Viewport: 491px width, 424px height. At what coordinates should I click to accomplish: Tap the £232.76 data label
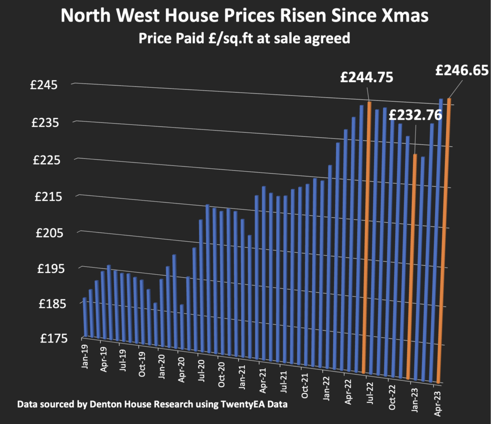pyautogui.click(x=415, y=116)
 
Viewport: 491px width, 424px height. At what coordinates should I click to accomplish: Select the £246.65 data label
pyautogui.click(x=462, y=71)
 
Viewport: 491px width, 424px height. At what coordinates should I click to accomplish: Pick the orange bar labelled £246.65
pyautogui.click(x=444, y=240)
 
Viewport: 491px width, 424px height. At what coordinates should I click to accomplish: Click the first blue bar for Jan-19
pyautogui.click(x=85, y=317)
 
